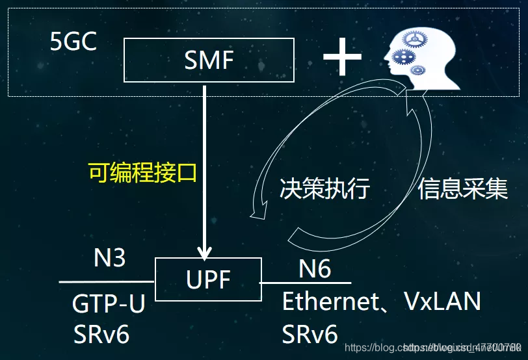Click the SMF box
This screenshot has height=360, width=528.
pos(208,60)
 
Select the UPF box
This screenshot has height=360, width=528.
pos(208,279)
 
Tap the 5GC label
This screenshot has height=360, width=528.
pos(73,42)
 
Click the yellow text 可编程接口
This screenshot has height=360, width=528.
pos(142,173)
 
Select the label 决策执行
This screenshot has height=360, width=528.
pos(324,188)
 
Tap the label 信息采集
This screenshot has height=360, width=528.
pos(462,188)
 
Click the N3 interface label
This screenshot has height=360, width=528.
pos(110,258)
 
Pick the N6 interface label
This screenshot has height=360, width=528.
pos(315,268)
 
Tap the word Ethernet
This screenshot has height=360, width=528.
pos(330,302)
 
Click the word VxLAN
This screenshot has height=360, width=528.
pos(443,302)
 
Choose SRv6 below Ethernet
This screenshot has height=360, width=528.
pos(310,335)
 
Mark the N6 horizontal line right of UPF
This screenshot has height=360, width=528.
pos(306,283)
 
